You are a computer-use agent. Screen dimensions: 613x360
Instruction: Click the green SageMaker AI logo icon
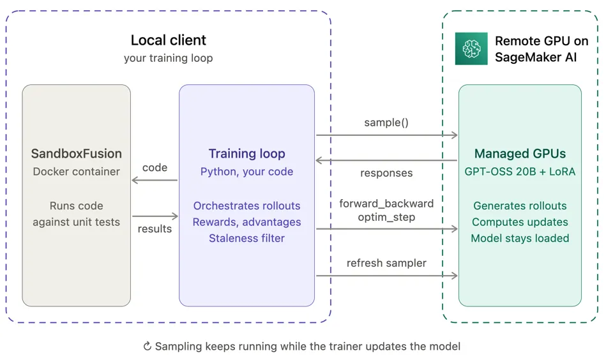coord(471,49)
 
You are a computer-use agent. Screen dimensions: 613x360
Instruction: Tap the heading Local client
coord(168,40)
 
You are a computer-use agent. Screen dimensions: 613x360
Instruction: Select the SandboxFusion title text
coord(76,154)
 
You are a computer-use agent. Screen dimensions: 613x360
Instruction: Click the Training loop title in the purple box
coord(246,154)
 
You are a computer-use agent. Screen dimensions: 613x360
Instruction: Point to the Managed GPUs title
coord(520,154)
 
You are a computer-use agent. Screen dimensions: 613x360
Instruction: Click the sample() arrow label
coord(386,123)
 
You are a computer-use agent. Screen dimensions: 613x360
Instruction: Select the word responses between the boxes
coord(386,173)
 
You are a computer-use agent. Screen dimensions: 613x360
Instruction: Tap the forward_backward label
coord(386,204)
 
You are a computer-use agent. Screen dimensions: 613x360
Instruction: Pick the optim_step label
coord(386,217)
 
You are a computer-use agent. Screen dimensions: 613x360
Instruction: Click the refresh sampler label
coord(386,263)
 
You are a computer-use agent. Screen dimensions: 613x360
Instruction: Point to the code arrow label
coord(155,168)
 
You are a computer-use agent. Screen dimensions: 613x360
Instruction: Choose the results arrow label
coord(155,229)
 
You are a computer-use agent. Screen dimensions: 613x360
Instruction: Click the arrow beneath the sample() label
coord(387,135)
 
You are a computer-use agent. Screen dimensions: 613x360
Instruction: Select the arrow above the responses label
coord(386,160)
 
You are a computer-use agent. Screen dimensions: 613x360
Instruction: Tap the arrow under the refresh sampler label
coord(387,276)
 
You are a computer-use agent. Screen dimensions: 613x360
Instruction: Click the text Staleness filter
coord(246,239)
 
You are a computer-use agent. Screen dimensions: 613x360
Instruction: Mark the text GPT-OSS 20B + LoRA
coord(520,172)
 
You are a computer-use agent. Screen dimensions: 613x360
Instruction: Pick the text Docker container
coord(76,172)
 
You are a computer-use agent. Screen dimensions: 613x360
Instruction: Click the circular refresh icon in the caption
coord(148,347)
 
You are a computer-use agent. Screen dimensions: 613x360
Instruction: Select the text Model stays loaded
coord(520,239)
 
